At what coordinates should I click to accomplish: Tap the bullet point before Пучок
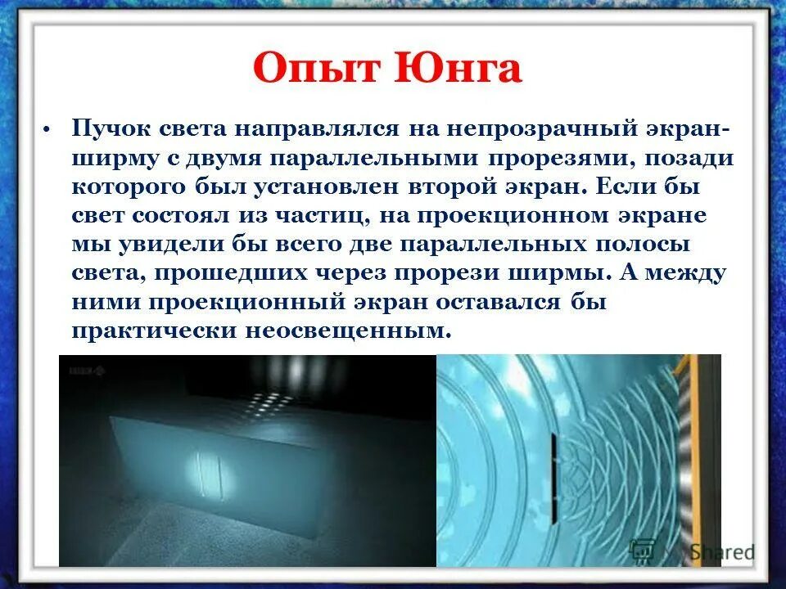click(x=47, y=129)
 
